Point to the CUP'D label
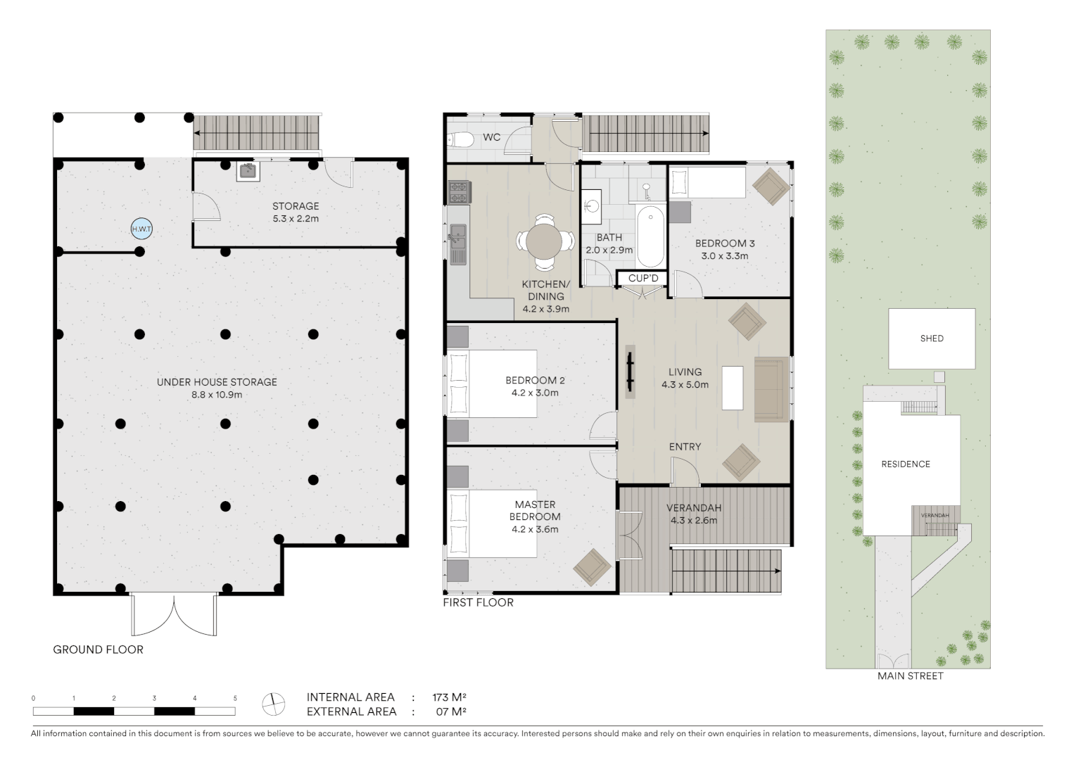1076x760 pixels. click(643, 279)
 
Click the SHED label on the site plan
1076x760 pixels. click(931, 338)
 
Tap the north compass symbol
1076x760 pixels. click(273, 703)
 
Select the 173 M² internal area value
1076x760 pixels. click(449, 697)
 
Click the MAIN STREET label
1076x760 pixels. click(910, 676)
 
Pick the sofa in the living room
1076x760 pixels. click(771, 389)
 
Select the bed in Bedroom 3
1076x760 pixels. click(707, 183)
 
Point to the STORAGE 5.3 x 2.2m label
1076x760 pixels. click(296, 213)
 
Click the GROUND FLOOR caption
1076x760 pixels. click(98, 650)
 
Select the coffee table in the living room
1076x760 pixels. click(732, 388)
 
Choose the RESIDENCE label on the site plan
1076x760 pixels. click(906, 464)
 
